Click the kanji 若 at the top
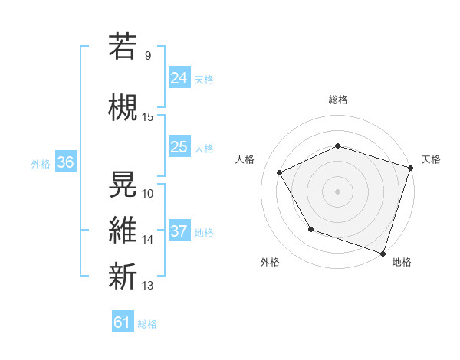[123, 47]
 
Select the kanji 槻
[123, 107]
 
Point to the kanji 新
[123, 276]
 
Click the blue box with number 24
[179, 77]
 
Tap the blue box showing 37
[179, 231]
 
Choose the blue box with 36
[65, 162]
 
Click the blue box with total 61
[123, 322]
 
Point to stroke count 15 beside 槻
[148, 117]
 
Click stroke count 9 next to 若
[148, 56]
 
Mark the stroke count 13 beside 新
[148, 286]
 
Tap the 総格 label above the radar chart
[338, 100]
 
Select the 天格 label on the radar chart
[431, 159]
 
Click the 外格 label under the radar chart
[270, 262]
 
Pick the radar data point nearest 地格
[383, 253]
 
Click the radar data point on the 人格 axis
[280, 172]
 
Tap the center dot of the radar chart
[338, 191]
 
